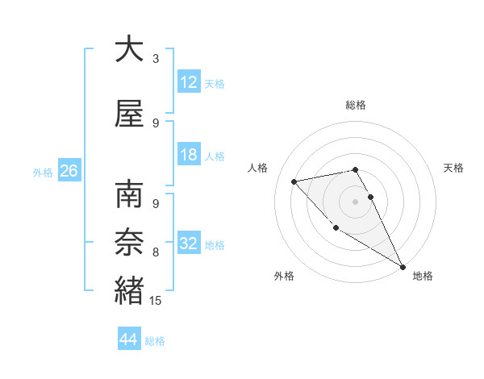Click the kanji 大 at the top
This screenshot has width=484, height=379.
click(129, 49)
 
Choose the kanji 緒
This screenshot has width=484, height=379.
click(129, 289)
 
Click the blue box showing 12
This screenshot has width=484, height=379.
click(189, 81)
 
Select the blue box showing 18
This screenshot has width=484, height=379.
click(189, 155)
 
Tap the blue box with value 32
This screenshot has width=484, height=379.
click(189, 244)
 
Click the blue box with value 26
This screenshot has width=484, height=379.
click(69, 171)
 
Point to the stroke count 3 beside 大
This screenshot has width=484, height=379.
click(156, 59)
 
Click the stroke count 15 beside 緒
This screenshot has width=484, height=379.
click(156, 301)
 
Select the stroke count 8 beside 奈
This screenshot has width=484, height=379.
click(156, 252)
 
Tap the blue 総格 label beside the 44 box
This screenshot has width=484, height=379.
click(155, 341)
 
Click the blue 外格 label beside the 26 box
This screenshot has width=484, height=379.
click(43, 172)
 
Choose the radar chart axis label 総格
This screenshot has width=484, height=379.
click(355, 105)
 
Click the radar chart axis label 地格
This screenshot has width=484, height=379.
click(423, 276)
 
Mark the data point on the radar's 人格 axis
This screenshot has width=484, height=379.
click(294, 181)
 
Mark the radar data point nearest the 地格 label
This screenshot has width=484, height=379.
click(403, 267)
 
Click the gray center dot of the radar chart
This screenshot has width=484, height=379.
click(355, 201)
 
